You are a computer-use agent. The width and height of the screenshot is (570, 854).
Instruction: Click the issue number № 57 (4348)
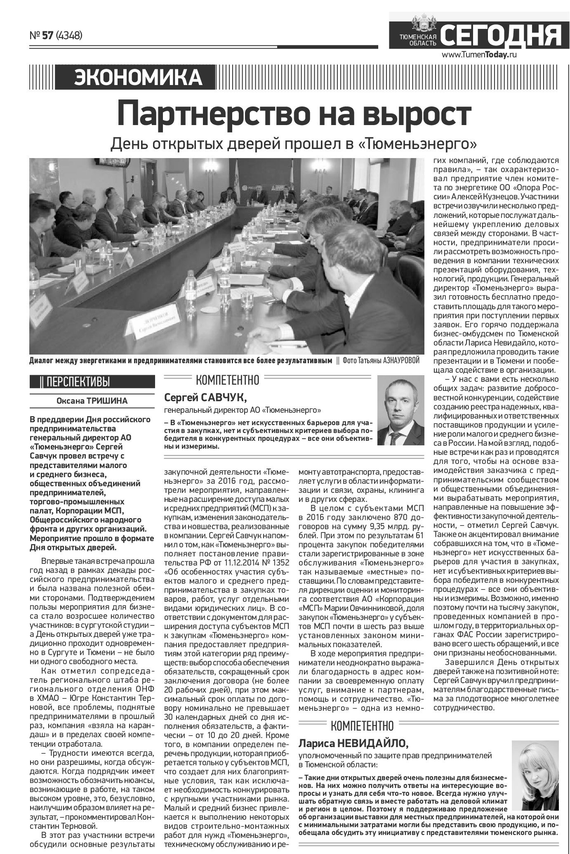(56, 35)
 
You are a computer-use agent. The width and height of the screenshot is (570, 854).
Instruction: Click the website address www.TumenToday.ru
(479, 54)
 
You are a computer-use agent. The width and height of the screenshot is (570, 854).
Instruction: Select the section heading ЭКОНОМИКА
(138, 78)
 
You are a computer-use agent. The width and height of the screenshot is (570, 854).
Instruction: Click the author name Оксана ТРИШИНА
(92, 400)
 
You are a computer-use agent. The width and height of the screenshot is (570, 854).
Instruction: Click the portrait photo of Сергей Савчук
(400, 410)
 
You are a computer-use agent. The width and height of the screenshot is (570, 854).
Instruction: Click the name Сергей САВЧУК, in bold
(205, 397)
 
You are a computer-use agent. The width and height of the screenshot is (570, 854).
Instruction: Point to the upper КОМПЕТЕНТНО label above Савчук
(227, 379)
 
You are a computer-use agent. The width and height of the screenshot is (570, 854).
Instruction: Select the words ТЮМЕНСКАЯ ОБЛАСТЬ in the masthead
(417, 40)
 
